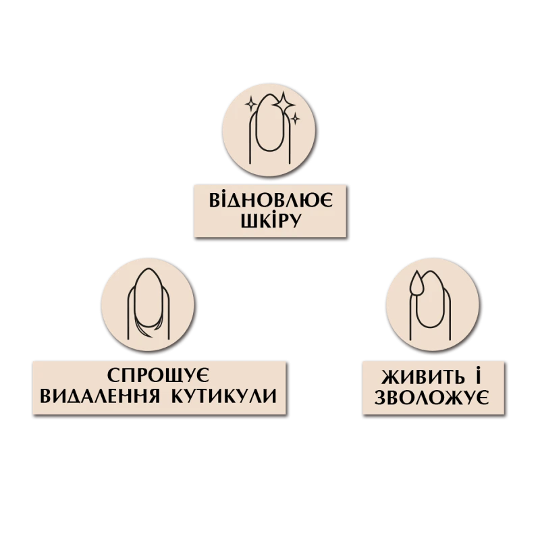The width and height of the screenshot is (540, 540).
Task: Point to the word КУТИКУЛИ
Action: click(x=229, y=396)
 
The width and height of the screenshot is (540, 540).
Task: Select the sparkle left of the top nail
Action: click(x=251, y=105)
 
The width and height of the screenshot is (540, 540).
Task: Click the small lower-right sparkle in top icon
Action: click(x=294, y=119)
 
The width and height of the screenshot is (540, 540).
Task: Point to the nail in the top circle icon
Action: click(x=270, y=125)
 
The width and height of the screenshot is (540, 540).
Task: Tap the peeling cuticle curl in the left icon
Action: click(x=143, y=328)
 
